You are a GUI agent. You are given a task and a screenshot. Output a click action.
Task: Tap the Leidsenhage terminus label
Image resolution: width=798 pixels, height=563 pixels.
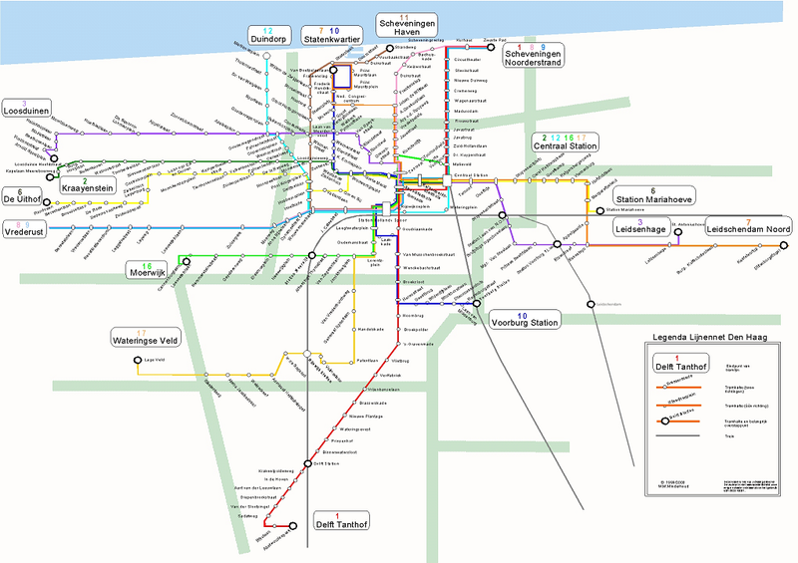(639, 228)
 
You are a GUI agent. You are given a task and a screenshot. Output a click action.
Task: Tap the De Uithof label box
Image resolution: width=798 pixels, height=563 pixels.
(25, 195)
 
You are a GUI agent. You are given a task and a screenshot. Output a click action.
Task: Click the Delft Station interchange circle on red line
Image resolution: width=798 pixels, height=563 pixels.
(307, 462)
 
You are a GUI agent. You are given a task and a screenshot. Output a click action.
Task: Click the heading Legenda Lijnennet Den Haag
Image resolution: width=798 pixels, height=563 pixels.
(711, 337)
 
